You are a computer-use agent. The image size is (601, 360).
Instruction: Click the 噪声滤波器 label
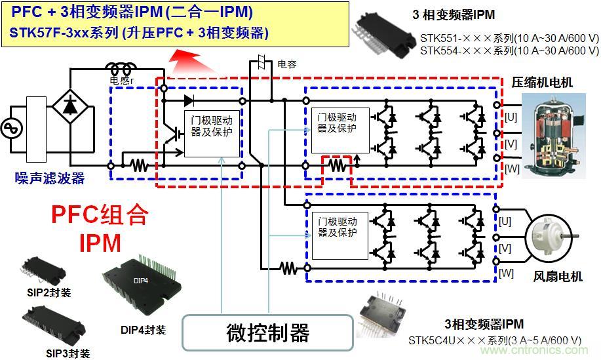[x=49, y=178]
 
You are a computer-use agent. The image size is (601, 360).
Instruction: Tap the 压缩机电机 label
[x=542, y=83]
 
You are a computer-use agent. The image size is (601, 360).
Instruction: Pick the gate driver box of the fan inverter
[x=336, y=227]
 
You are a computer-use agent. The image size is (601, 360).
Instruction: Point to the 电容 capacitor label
[x=286, y=64]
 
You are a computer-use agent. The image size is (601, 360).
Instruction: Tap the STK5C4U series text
[x=495, y=340]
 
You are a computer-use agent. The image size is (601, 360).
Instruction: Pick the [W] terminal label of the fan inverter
[x=505, y=272]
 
